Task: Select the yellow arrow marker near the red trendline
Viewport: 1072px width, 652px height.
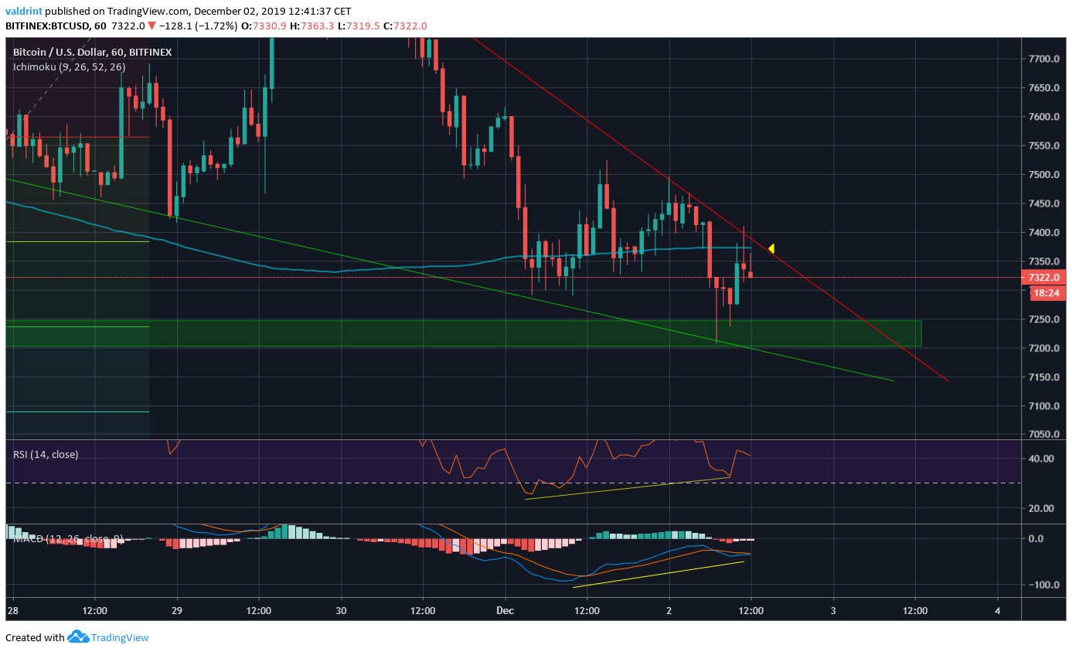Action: (x=771, y=248)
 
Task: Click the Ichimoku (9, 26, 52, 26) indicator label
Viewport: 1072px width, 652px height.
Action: (x=69, y=67)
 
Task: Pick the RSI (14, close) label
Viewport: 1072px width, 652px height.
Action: (x=46, y=455)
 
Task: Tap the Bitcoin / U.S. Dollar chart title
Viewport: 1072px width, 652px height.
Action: (x=92, y=53)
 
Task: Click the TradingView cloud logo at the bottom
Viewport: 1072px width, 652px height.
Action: (x=78, y=637)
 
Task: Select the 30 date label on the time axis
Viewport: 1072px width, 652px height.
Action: (x=341, y=610)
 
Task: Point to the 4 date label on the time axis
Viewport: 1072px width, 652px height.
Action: (x=997, y=610)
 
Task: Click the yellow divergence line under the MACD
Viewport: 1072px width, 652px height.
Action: (x=658, y=574)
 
